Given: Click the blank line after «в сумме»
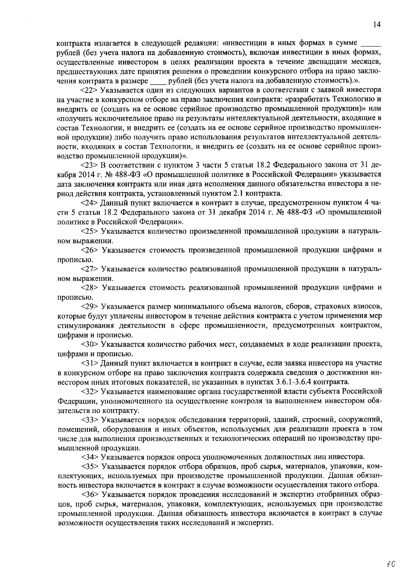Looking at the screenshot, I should point(371,44).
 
